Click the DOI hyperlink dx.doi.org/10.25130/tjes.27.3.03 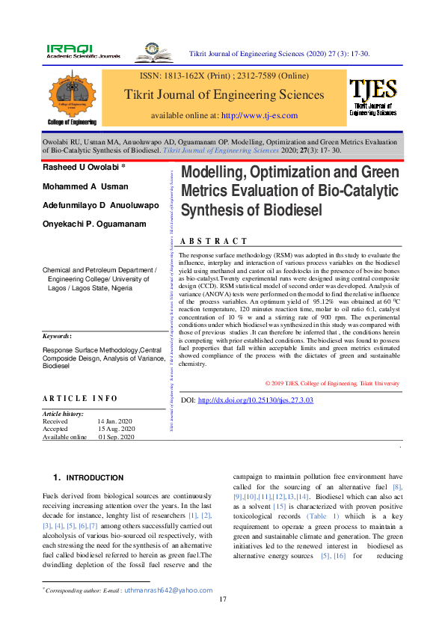point(255,400)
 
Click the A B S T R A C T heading point(214,241)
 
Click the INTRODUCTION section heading point(95,477)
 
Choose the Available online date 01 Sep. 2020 point(117,436)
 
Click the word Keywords point(57,337)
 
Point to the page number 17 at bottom point(222,600)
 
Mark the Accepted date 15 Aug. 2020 point(116,429)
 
